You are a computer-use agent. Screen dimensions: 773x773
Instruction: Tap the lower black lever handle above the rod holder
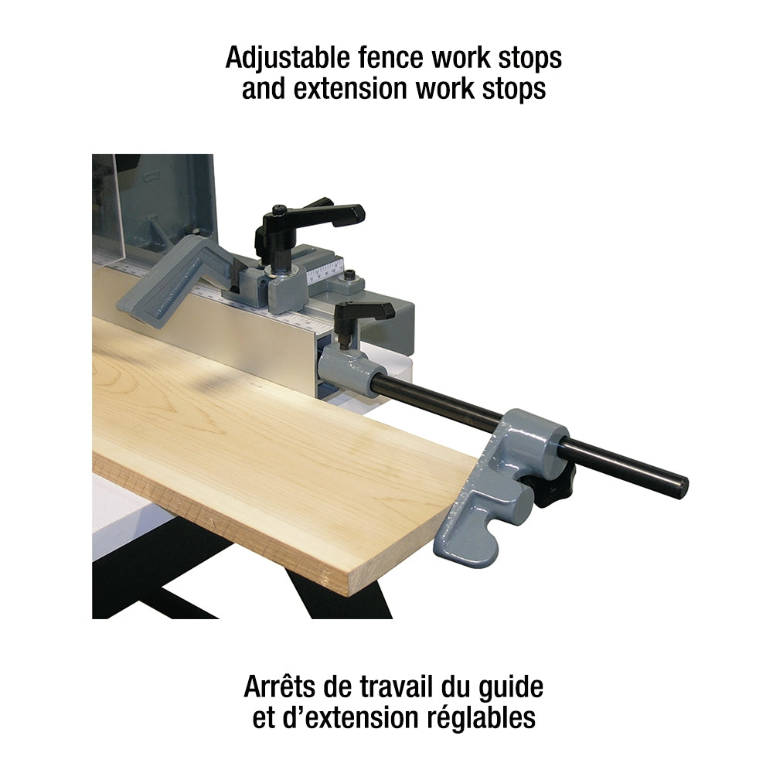365,312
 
